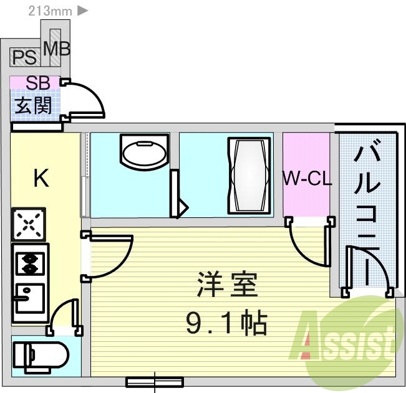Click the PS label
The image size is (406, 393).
[x=25, y=58]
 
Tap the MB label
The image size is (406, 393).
[x=57, y=47]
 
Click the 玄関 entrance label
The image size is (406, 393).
[x=34, y=105]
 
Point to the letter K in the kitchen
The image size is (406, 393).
[x=41, y=179]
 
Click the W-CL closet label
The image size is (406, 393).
[x=306, y=179]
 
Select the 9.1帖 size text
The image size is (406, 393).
[x=226, y=323]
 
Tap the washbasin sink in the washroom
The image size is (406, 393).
[x=143, y=153]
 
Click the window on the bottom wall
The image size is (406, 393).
[x=154, y=381]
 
